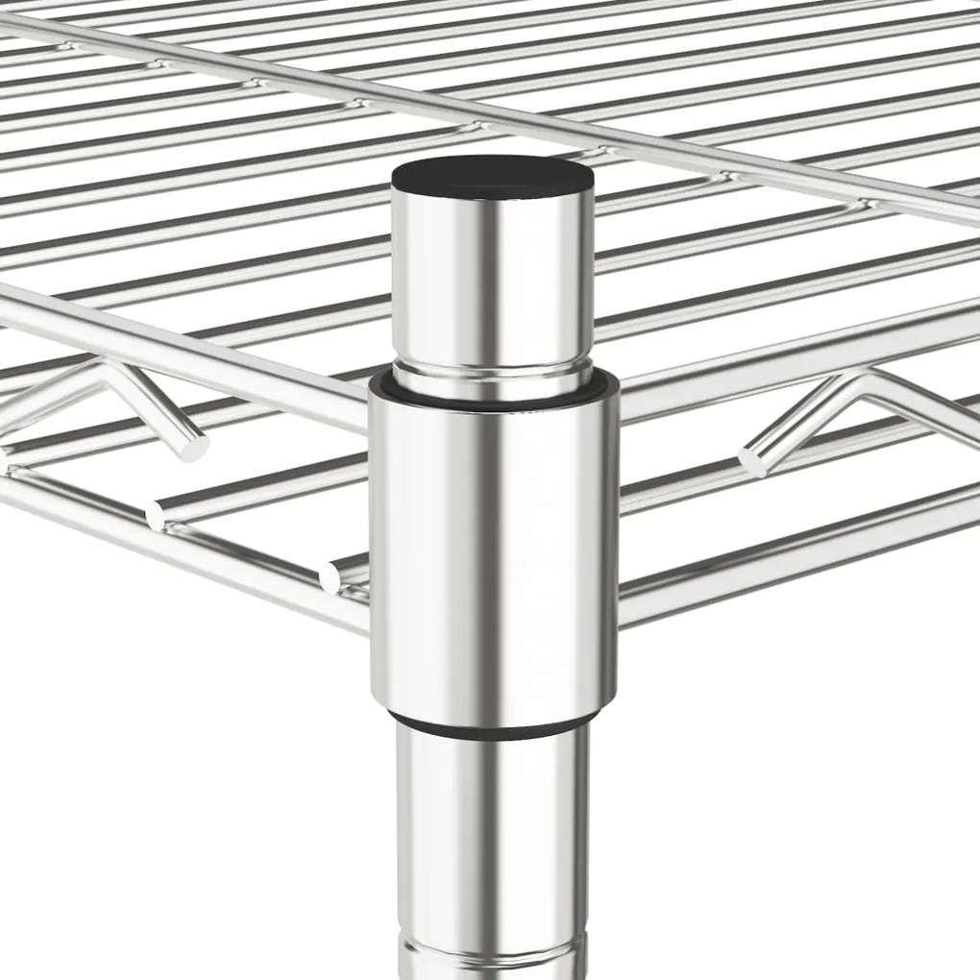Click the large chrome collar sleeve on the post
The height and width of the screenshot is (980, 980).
pyautogui.click(x=493, y=548)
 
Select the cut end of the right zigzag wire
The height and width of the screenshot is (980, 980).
pyautogui.click(x=752, y=462)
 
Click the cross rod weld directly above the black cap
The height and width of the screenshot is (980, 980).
pyautogui.click(x=473, y=127)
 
